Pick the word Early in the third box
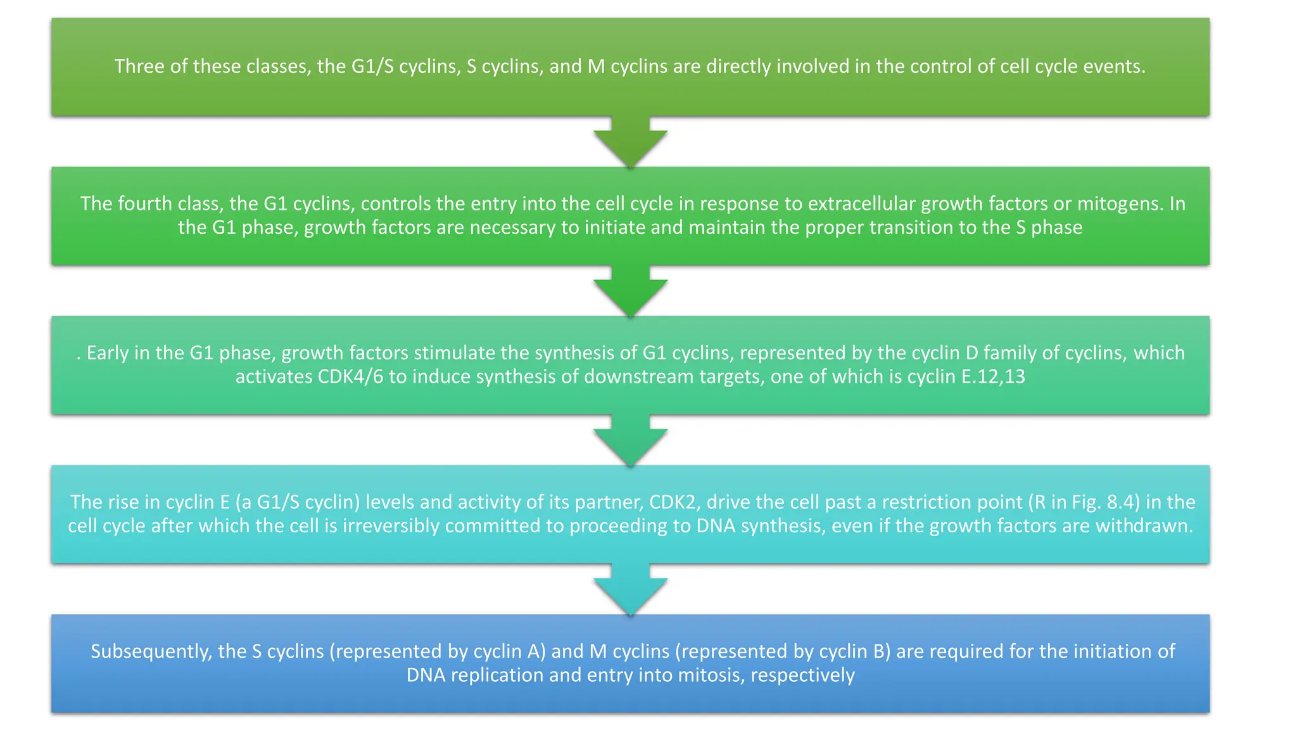[108, 353]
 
